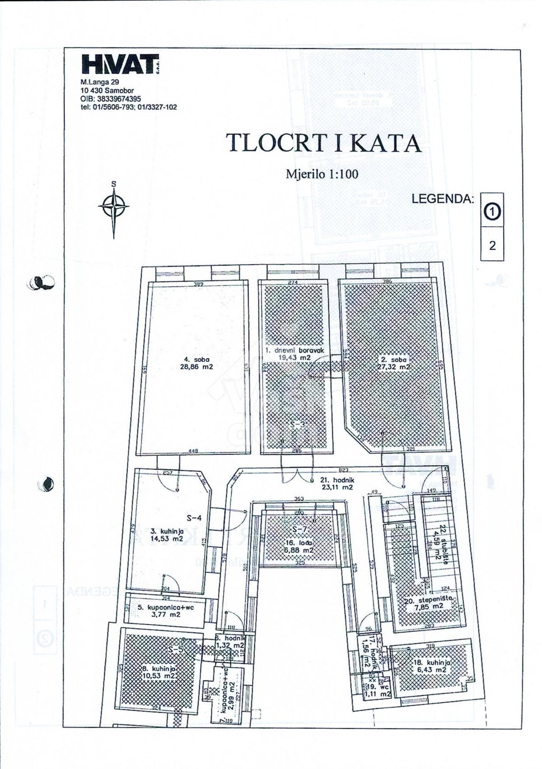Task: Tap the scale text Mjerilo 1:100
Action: (322, 174)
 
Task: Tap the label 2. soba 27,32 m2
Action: (392, 363)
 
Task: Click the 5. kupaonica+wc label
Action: (165, 611)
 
